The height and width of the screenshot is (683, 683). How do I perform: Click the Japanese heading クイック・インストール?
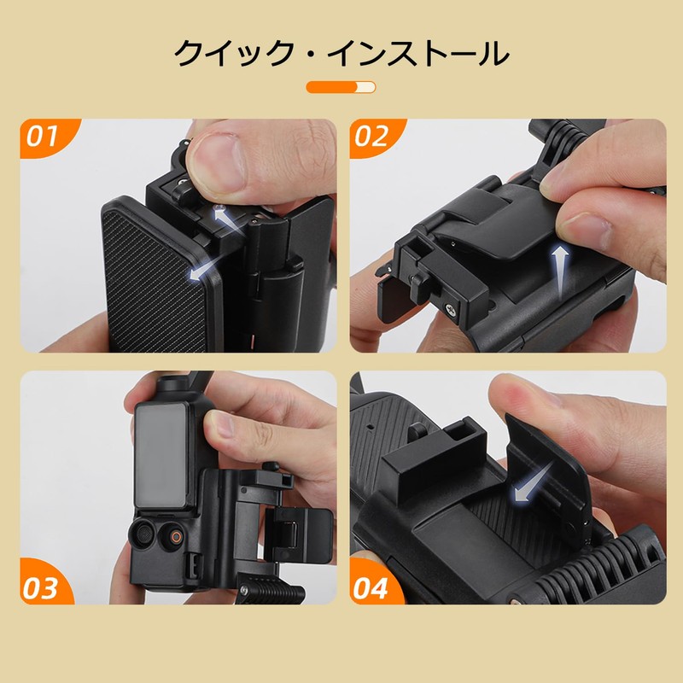click(x=341, y=53)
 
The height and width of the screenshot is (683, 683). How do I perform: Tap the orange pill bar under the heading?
click(x=341, y=87)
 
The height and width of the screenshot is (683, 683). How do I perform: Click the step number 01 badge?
click(x=42, y=137)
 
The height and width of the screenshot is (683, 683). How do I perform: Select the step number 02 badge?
click(x=372, y=137)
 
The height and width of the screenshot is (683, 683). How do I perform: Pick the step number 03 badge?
click(x=42, y=587)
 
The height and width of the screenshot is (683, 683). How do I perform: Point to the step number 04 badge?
click(x=373, y=587)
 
